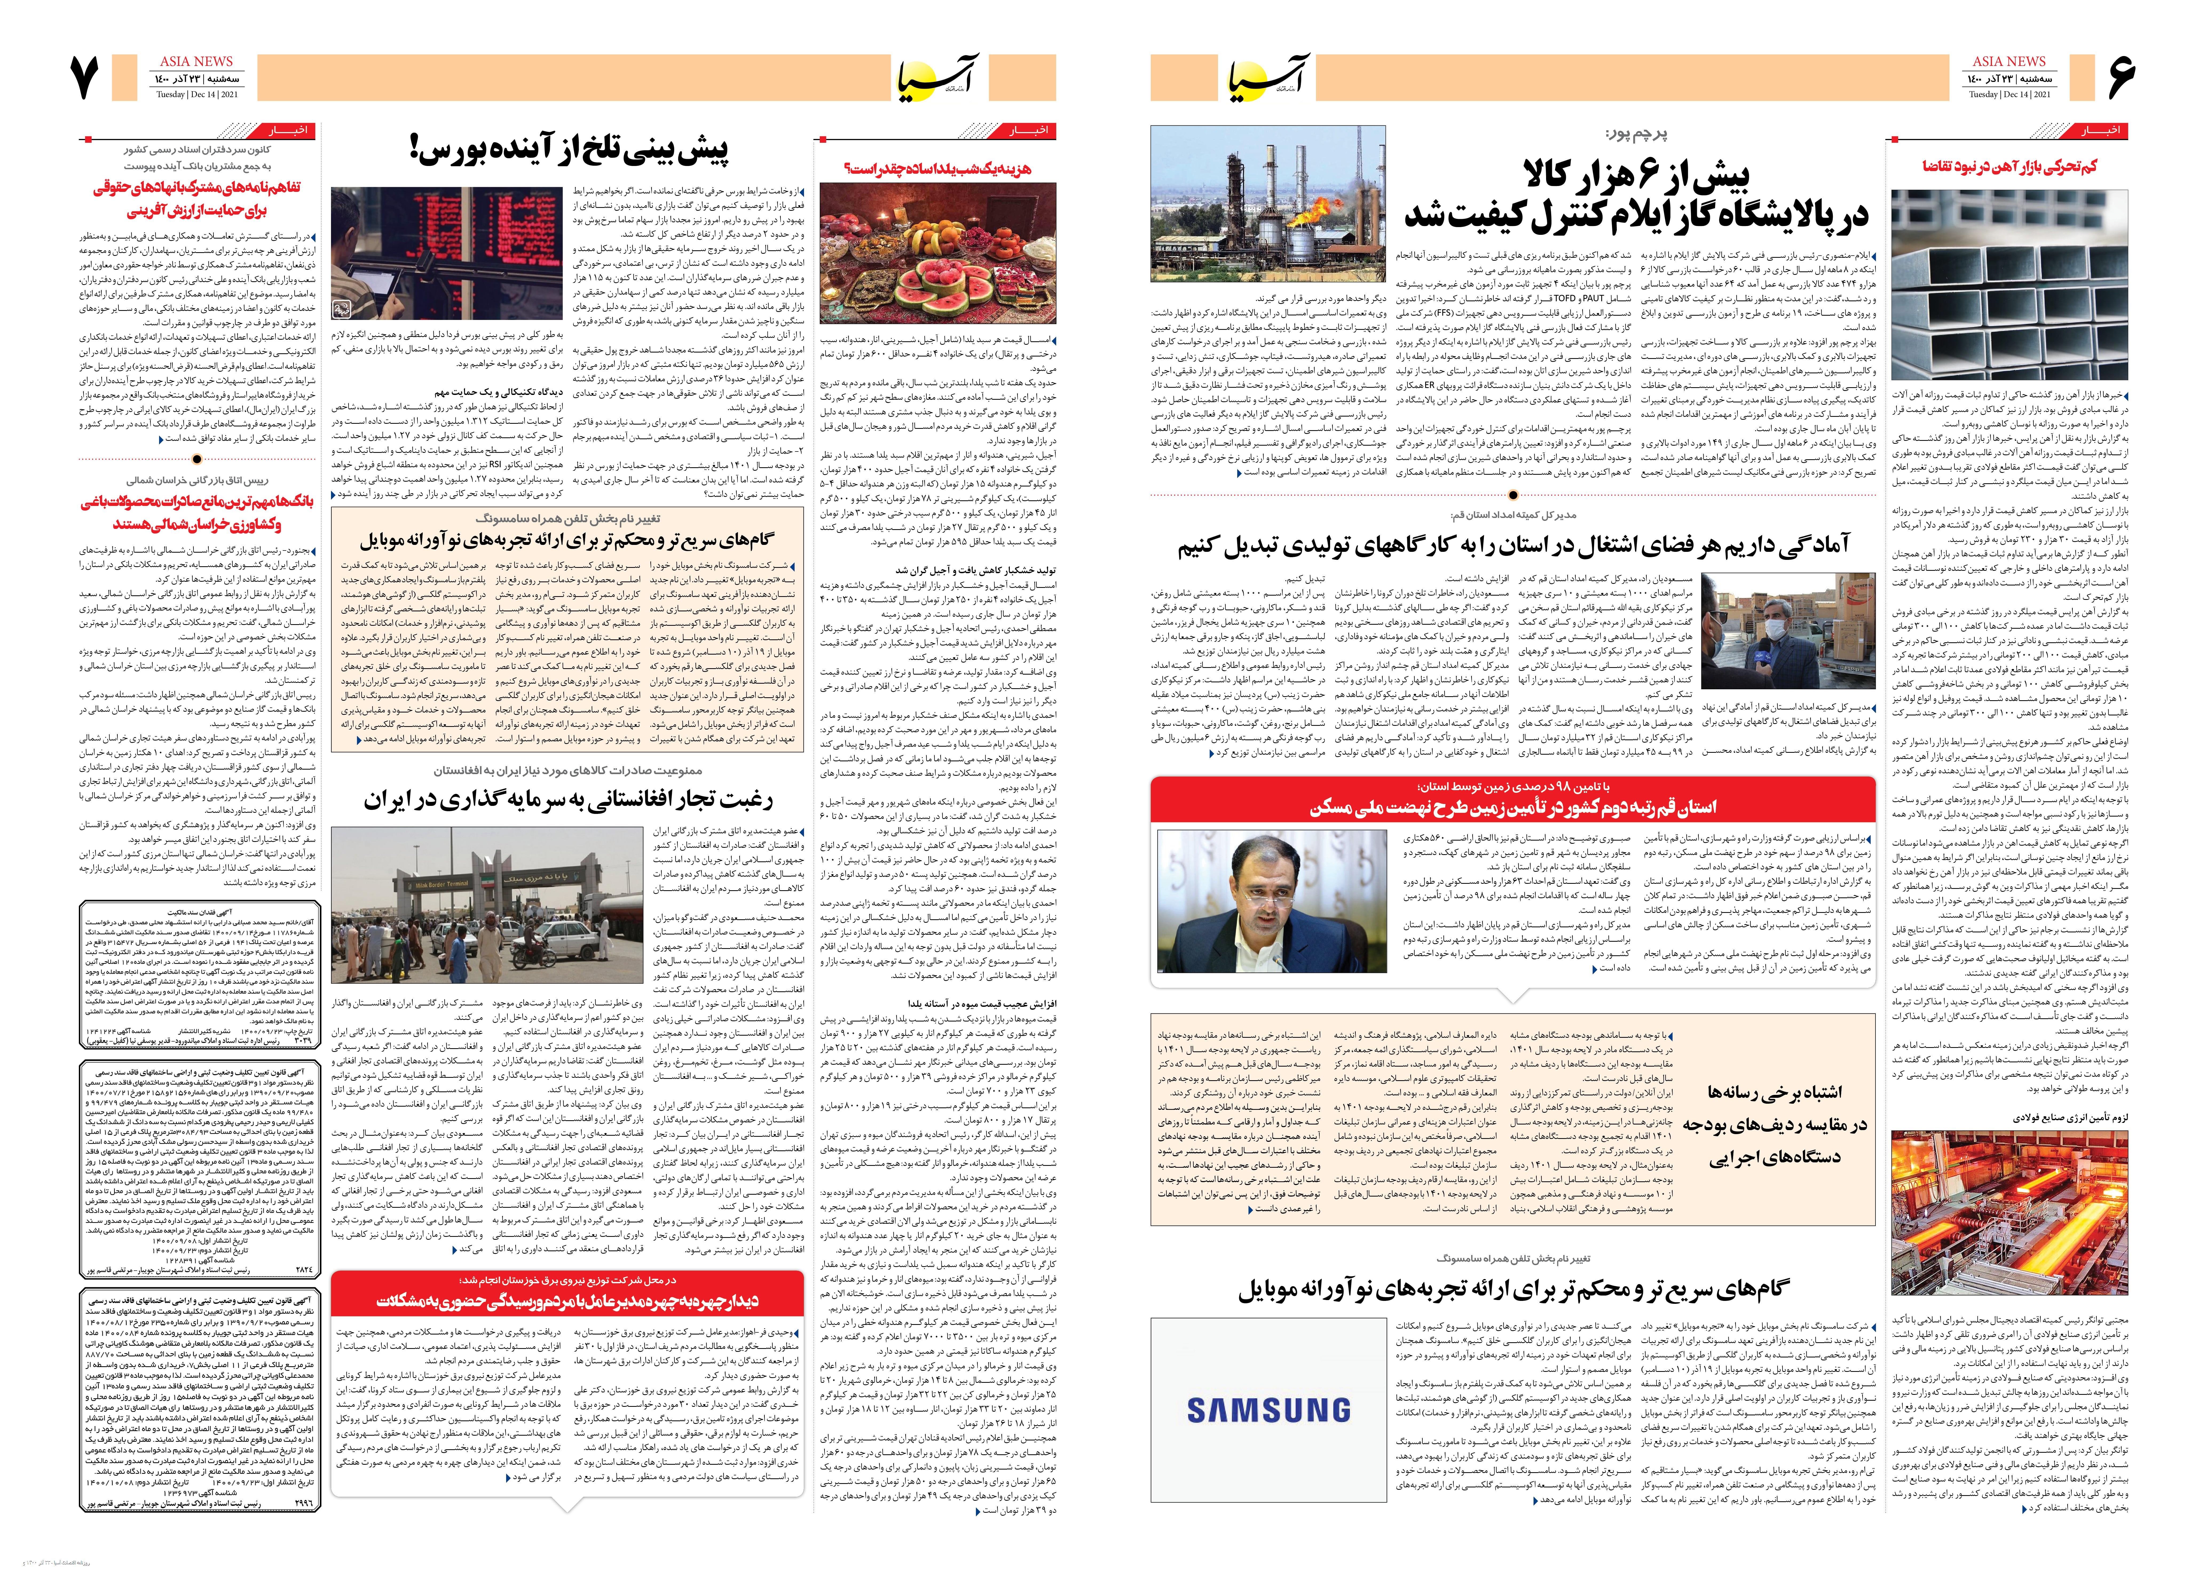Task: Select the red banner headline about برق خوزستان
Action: coord(568,1300)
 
